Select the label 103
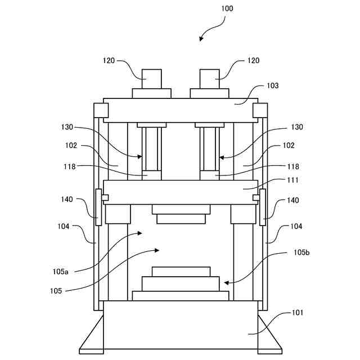click(x=272, y=86)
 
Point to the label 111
click(x=293, y=180)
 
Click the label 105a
click(x=61, y=272)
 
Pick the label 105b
click(x=301, y=253)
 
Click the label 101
click(x=298, y=312)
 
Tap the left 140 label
click(x=67, y=200)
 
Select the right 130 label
click(x=296, y=127)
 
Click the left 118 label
click(x=68, y=166)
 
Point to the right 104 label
click(x=296, y=227)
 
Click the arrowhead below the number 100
click(x=201, y=38)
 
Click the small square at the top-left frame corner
click(x=101, y=110)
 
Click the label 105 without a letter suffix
click(x=56, y=290)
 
